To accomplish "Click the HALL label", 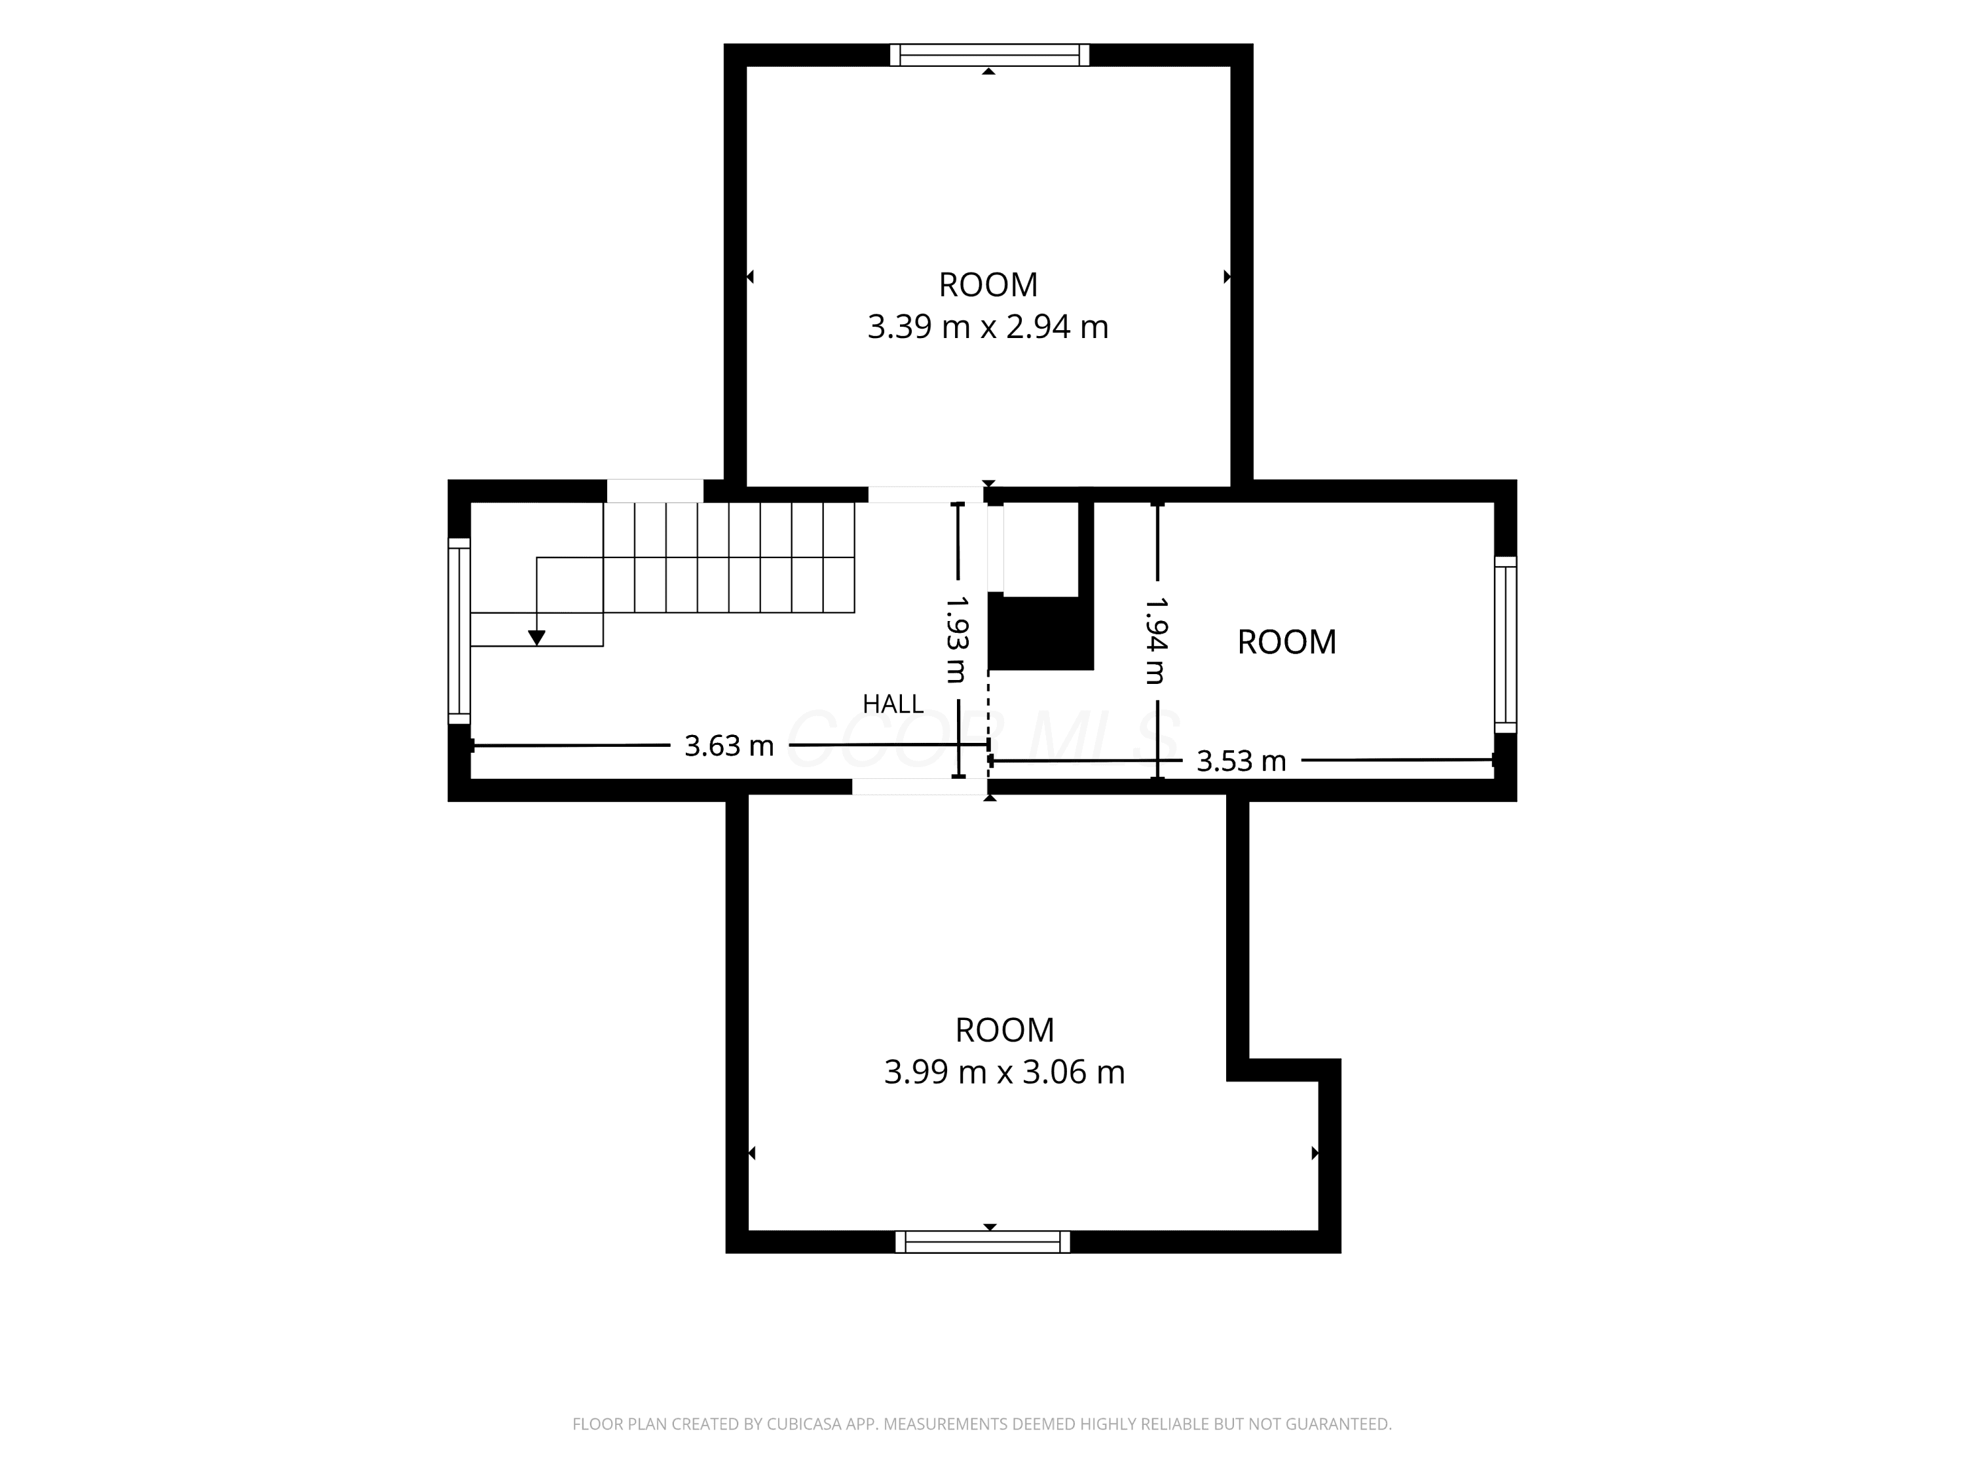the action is [x=893, y=704].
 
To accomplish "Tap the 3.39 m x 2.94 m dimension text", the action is [x=988, y=327].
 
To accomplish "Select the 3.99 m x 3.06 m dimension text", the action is [x=1005, y=1072].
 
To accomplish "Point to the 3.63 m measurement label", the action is [x=729, y=746].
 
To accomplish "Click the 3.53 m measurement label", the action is [x=1241, y=761].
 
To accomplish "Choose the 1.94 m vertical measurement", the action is [x=1155, y=639].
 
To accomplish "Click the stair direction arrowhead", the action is [x=536, y=638].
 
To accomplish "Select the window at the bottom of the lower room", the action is [x=982, y=1242].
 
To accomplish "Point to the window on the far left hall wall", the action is [x=459, y=631].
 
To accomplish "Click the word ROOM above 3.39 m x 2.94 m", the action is [x=988, y=285].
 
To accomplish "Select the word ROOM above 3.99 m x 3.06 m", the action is [x=1005, y=1030].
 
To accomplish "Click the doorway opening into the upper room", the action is [x=926, y=495].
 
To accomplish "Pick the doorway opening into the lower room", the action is [x=920, y=786].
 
